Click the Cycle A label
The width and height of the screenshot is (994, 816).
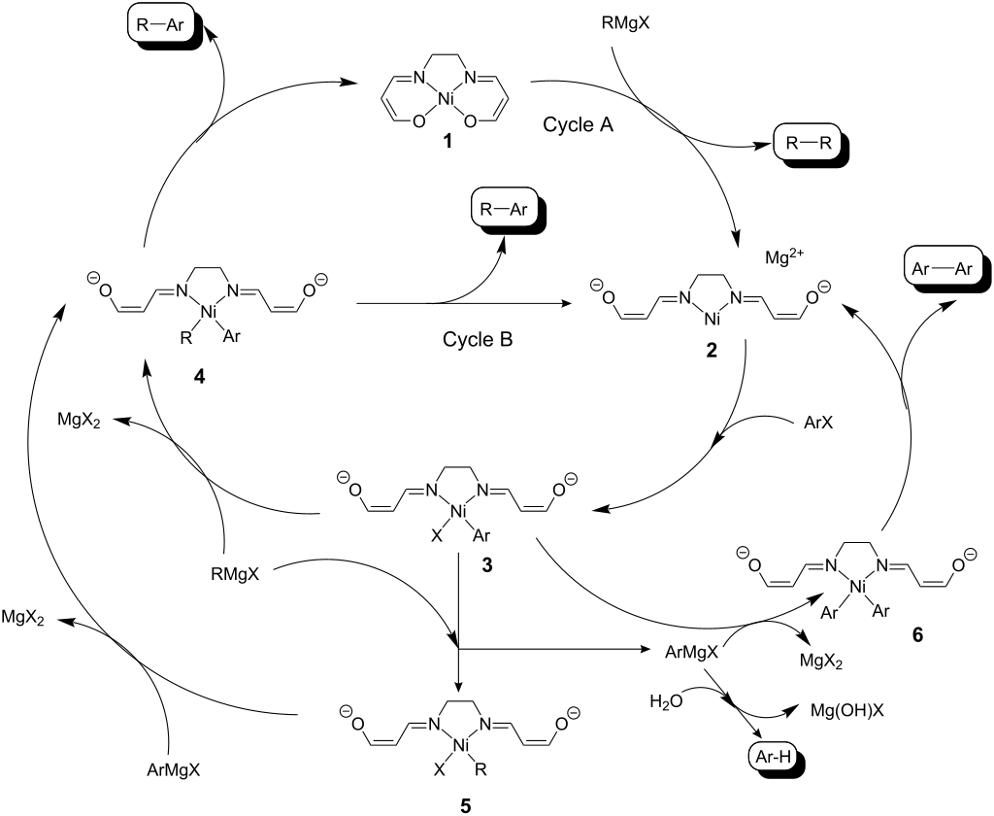[x=578, y=125]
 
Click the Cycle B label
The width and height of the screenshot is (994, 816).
[x=478, y=339]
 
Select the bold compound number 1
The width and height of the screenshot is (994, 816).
[x=447, y=141]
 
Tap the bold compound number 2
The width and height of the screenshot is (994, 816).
[x=712, y=350]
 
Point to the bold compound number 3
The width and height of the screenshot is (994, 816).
[x=487, y=564]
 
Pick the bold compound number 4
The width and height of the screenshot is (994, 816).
[x=199, y=376]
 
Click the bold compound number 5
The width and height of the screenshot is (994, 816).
[x=466, y=806]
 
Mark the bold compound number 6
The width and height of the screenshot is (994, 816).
[x=917, y=633]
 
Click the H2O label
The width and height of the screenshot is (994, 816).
[x=666, y=702]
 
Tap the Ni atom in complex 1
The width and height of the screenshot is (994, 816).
[x=447, y=99]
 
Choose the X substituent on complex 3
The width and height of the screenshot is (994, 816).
[x=437, y=537]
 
